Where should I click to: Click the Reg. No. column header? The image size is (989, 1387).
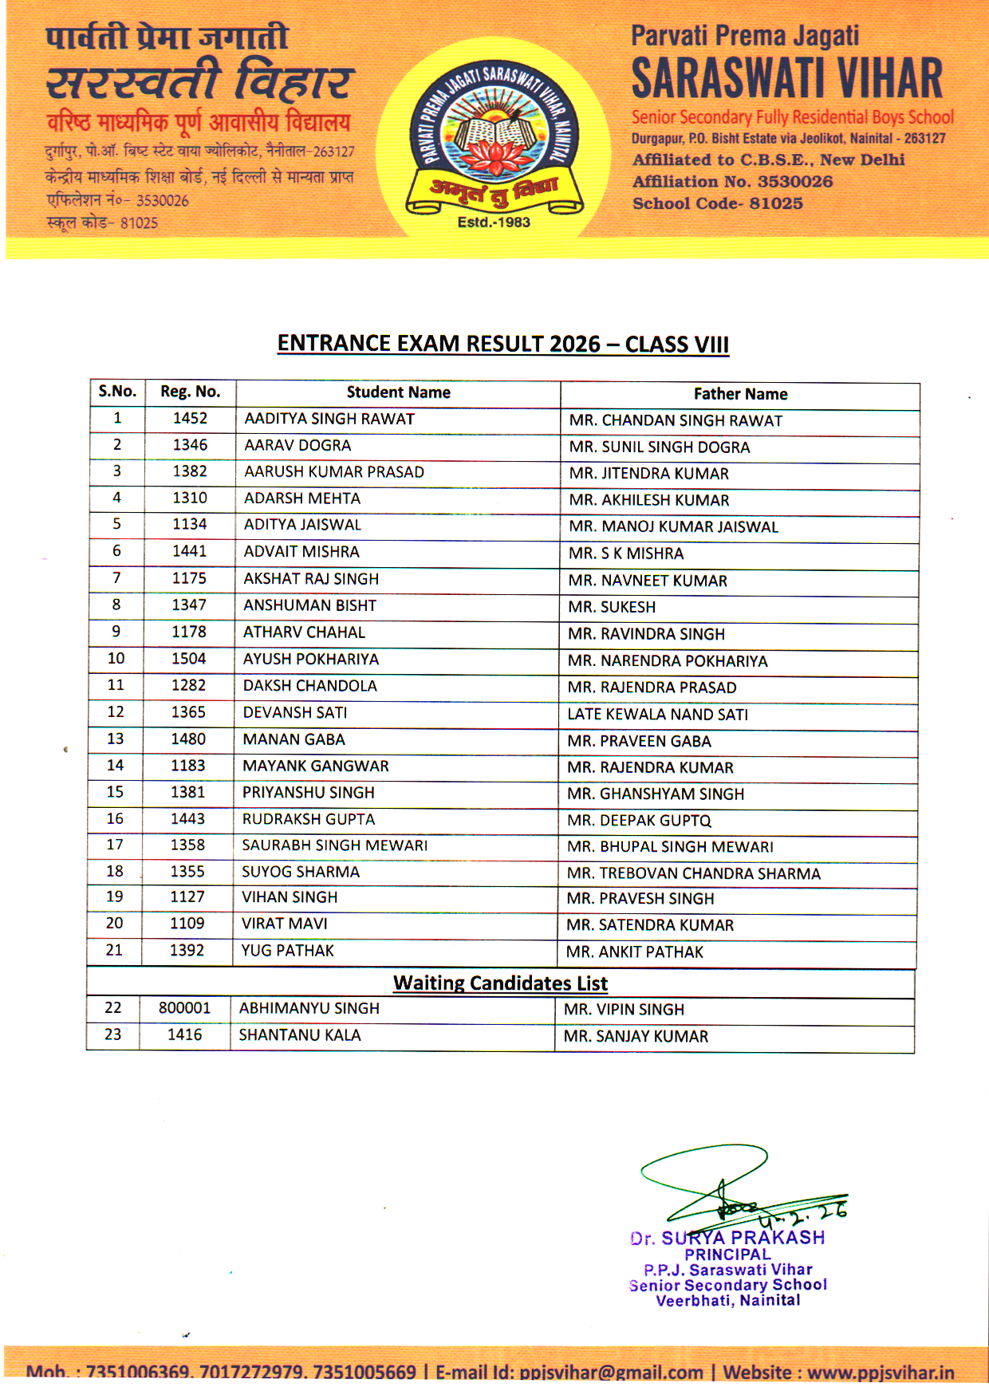(x=190, y=392)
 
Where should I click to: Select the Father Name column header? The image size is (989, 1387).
(x=740, y=394)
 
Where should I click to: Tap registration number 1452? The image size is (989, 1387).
(x=190, y=419)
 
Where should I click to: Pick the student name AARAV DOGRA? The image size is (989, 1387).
(x=297, y=446)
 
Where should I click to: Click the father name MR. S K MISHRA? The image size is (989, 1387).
(x=626, y=554)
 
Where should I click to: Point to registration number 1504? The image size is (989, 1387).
(x=188, y=659)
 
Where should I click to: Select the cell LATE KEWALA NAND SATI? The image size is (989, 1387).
(x=657, y=715)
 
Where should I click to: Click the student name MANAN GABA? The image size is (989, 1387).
(x=294, y=739)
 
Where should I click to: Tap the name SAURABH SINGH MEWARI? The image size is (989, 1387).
(x=334, y=845)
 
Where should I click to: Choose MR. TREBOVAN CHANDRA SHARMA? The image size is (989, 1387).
(x=693, y=874)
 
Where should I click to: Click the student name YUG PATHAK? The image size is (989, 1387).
(x=288, y=951)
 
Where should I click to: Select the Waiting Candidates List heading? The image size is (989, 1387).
(x=500, y=983)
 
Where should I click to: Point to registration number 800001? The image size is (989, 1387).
(x=184, y=1008)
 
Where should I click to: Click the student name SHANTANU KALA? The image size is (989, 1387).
(x=300, y=1035)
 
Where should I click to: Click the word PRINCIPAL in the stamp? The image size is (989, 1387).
(x=727, y=1255)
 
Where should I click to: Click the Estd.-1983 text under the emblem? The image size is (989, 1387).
(x=494, y=223)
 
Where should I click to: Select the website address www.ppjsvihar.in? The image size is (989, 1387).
(x=880, y=1373)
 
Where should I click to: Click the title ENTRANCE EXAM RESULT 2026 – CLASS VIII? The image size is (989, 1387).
(x=502, y=344)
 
